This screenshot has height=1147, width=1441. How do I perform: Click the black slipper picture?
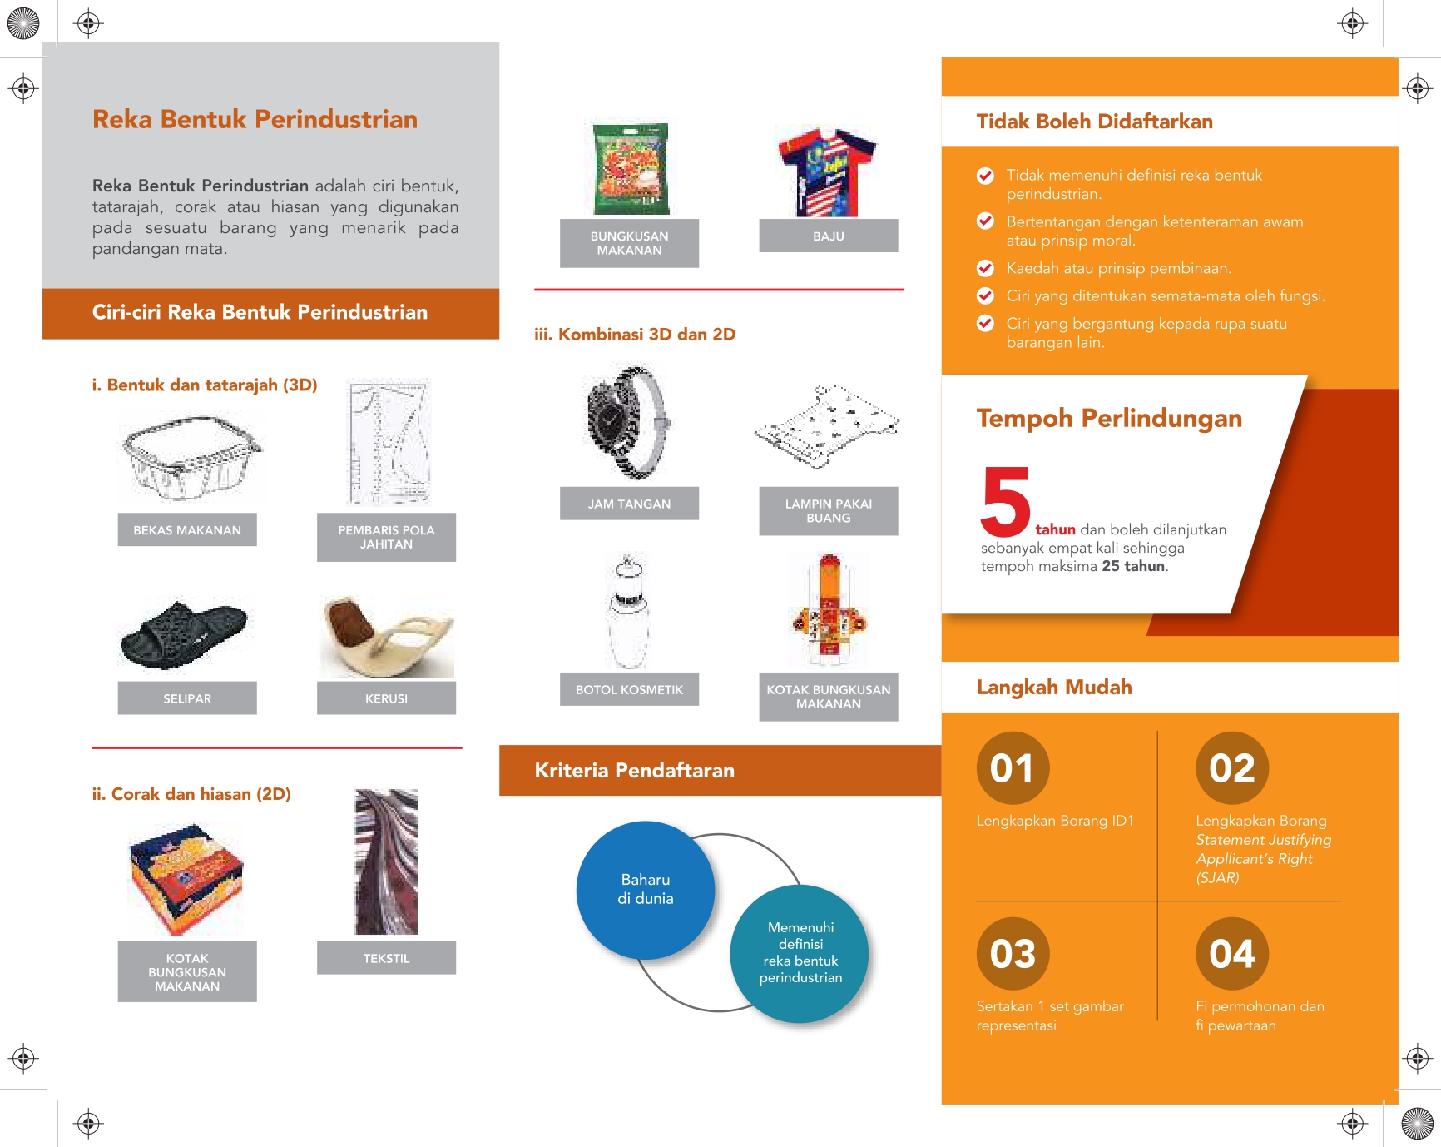click(184, 633)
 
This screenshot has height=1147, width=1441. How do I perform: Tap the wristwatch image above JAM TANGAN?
click(628, 421)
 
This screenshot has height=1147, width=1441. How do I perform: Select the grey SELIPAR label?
click(187, 698)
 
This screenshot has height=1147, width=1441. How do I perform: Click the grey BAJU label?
click(829, 236)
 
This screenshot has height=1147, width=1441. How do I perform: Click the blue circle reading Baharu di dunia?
click(646, 890)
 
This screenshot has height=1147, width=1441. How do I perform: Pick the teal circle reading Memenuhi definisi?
click(800, 953)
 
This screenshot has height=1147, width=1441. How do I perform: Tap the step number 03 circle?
click(1013, 954)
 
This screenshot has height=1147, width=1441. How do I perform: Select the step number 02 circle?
click(1232, 767)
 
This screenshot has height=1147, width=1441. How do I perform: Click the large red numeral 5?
click(1006, 501)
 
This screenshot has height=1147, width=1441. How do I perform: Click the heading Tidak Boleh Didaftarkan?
click(1094, 122)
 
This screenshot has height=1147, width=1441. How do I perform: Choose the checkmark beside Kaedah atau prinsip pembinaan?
click(985, 268)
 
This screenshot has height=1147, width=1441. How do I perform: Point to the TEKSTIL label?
click(386, 958)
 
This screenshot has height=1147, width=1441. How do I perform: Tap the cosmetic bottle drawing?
click(628, 612)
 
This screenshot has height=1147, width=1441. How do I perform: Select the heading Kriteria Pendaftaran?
click(634, 771)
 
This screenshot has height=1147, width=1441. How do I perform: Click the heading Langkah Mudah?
click(1054, 688)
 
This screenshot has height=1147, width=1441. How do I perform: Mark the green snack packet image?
click(631, 169)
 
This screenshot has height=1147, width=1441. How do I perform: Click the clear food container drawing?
click(191, 458)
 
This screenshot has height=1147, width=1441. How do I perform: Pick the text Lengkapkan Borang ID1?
click(1055, 821)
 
